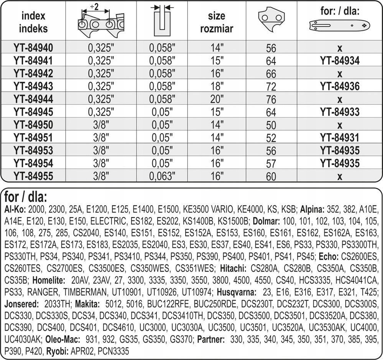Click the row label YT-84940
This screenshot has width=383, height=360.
[x=33, y=48]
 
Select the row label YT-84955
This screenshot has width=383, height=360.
[x=33, y=176]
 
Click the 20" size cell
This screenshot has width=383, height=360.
[x=217, y=99]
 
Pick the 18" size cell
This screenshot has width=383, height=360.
[x=217, y=86]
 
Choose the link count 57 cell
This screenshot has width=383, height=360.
[x=271, y=164]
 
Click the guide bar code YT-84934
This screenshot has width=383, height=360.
[x=340, y=60]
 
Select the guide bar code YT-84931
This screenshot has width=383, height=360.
[x=340, y=137]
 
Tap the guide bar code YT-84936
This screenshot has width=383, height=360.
[x=340, y=86]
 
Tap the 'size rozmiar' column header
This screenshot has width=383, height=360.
[x=217, y=22]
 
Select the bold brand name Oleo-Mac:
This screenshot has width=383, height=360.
[x=63, y=340]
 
